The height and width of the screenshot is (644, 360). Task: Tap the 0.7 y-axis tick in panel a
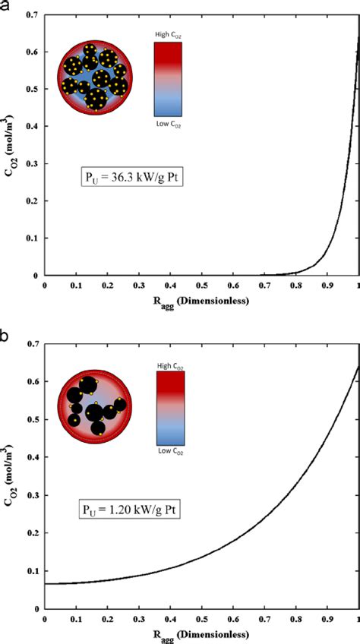coord(33,14)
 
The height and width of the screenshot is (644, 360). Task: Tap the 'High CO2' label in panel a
coord(168,35)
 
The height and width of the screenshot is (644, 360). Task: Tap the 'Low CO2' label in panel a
coord(168,123)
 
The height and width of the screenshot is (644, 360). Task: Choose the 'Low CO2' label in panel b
coord(170,452)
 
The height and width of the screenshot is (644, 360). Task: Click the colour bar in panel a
coord(167,79)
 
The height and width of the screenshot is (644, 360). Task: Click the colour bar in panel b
coord(170,408)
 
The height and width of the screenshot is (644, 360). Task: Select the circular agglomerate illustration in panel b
coord(95,406)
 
